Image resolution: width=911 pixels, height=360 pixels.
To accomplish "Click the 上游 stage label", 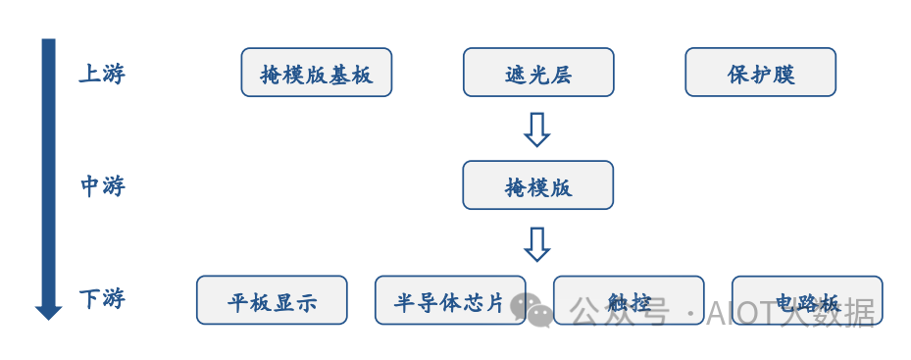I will tap(102, 74).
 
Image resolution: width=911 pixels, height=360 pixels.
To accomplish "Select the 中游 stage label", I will tap(102, 185).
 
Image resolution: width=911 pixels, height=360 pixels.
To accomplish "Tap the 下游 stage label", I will tap(102, 298).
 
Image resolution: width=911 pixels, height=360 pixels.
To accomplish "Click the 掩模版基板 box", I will tap(316, 74).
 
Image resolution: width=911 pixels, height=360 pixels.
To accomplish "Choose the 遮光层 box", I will tap(537, 74).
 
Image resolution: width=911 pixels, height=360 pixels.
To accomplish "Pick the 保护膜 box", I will tap(760, 74).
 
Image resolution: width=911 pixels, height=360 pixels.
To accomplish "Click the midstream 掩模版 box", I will tap(537, 185).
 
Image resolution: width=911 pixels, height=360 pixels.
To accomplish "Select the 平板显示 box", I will tap(272, 301).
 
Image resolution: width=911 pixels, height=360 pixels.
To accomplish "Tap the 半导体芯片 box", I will tap(449, 301).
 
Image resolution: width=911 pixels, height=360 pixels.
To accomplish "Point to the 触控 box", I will tap(628, 301).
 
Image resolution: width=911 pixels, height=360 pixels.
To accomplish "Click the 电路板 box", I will tap(806, 301).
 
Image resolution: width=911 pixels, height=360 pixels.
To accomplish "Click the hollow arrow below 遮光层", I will tap(536, 129).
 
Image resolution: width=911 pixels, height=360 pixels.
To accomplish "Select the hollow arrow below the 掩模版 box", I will tap(536, 244).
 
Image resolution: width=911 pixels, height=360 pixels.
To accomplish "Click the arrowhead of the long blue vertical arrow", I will tap(48, 312).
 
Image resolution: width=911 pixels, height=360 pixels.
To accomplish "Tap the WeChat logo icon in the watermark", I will tap(536, 309).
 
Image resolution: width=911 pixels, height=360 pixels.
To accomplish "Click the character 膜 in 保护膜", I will tap(783, 75).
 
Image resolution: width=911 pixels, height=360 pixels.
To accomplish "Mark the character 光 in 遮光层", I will tap(537, 75).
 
